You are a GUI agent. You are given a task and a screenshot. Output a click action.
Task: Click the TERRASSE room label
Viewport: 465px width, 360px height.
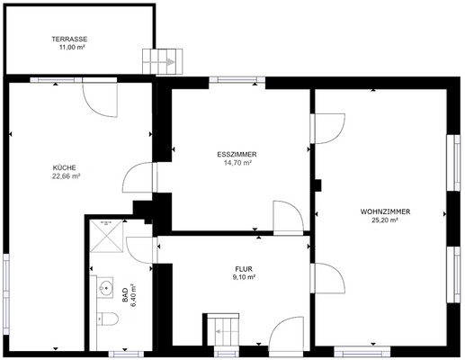(x=68, y=40)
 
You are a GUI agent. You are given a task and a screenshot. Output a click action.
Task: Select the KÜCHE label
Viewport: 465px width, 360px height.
(x=64, y=167)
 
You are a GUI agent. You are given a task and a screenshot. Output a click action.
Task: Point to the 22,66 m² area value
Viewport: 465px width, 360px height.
(x=66, y=176)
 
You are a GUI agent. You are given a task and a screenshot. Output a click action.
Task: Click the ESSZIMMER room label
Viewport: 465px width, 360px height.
(x=237, y=154)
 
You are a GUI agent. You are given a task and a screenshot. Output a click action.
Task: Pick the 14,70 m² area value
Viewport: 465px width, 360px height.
(x=237, y=163)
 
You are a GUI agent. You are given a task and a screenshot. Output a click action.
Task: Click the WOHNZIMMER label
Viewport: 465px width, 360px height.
(x=385, y=211)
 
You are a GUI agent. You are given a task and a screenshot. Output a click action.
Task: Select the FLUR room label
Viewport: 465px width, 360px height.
(x=243, y=268)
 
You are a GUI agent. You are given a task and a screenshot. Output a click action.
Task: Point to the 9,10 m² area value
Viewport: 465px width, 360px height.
(x=243, y=277)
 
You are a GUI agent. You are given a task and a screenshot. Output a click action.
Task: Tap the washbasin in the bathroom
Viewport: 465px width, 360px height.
(x=105, y=290)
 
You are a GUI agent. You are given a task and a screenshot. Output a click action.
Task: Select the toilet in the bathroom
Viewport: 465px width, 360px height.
(x=106, y=318)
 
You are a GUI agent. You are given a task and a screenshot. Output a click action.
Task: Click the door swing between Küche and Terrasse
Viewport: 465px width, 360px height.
(x=100, y=97)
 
